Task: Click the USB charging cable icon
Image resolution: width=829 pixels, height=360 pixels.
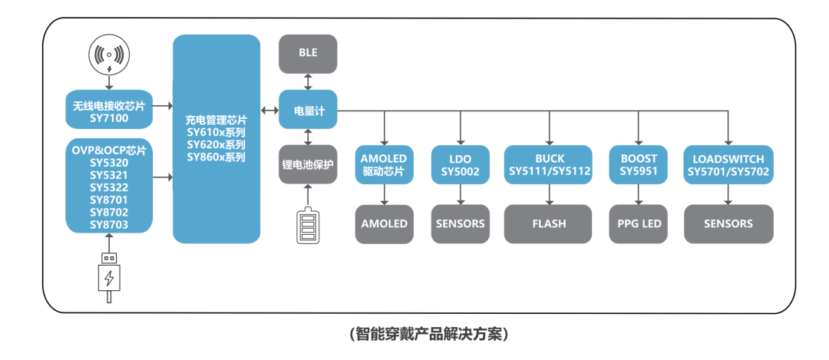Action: (x=110, y=276)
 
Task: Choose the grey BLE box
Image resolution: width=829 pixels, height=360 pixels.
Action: (x=308, y=53)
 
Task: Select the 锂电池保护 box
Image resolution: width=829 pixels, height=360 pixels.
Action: (x=308, y=164)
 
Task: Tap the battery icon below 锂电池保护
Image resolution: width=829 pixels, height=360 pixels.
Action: (x=308, y=226)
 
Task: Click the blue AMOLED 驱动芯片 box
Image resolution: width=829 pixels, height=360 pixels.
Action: (x=385, y=165)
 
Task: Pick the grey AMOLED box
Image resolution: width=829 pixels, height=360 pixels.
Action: (x=385, y=223)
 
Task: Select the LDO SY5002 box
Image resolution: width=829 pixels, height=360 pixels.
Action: (x=461, y=165)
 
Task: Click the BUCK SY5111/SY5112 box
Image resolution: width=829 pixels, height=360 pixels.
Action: (x=549, y=165)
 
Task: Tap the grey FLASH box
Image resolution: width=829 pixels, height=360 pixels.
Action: (x=549, y=223)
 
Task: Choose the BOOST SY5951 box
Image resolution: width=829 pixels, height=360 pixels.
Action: (x=639, y=165)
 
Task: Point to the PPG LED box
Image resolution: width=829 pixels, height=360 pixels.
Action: (x=639, y=223)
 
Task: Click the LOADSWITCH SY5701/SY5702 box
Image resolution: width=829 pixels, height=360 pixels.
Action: (x=728, y=165)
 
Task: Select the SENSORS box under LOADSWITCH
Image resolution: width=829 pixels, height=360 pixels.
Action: (x=728, y=223)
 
